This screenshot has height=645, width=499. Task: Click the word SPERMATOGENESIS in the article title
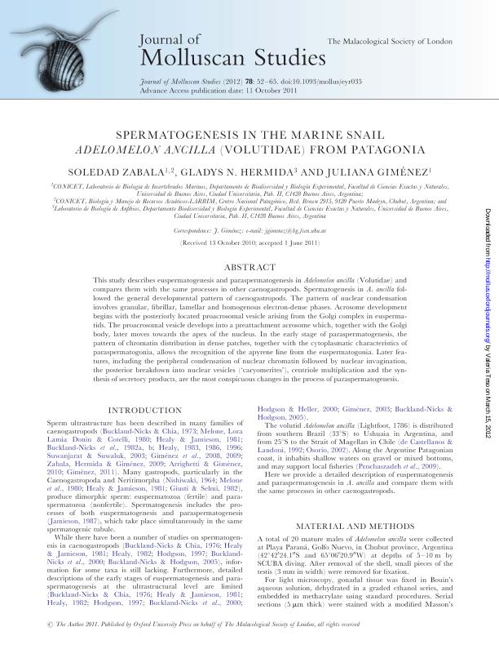click(182, 137)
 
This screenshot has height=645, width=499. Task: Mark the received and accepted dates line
click(249, 243)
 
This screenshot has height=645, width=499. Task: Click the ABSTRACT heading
click(249, 267)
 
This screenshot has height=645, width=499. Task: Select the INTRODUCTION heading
click(145, 410)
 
